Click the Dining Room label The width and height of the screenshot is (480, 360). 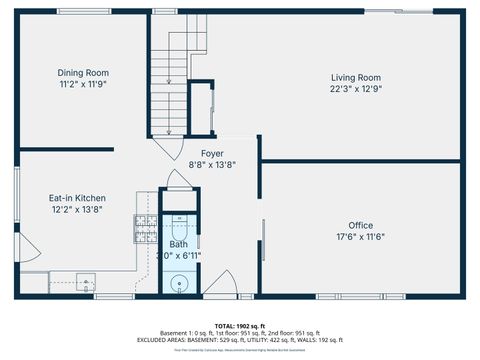click(83, 73)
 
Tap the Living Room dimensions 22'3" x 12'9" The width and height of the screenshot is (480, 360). click(356, 88)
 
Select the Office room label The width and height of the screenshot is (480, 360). click(360, 225)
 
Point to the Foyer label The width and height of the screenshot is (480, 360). click(198, 153)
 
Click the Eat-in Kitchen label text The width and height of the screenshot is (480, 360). click(78, 198)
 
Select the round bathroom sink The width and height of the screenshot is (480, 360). click(179, 283)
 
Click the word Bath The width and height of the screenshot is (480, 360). click(178, 244)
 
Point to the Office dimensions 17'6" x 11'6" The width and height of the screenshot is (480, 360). click(360, 236)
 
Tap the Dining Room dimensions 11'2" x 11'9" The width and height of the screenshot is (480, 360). click(83, 84)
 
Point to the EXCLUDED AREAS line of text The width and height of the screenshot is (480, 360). click(240, 340)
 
